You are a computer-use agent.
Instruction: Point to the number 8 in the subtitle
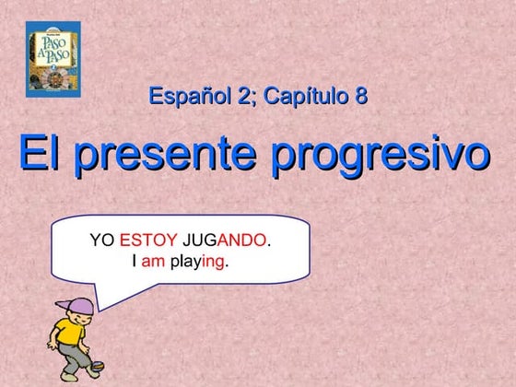[x=360, y=95]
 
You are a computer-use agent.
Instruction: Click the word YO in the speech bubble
[x=101, y=240]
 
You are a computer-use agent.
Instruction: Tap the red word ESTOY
[x=148, y=240]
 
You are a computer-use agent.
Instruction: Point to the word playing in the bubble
[x=198, y=262]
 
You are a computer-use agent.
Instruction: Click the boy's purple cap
[x=76, y=304]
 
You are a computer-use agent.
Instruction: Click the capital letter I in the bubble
[x=135, y=261]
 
